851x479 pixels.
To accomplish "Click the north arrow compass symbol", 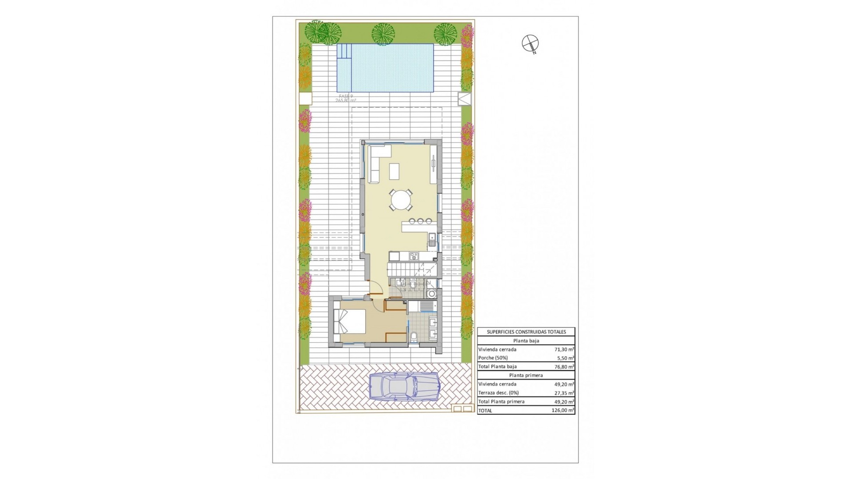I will [x=530, y=43].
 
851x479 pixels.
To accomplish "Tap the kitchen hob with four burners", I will [x=414, y=256].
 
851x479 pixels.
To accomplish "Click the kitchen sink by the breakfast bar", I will [x=431, y=240].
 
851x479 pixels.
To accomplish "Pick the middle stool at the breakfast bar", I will [x=420, y=221].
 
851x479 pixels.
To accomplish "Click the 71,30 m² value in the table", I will [x=564, y=349].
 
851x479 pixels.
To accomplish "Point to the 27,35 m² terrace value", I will [x=564, y=393].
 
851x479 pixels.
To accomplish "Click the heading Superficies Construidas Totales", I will [x=526, y=332].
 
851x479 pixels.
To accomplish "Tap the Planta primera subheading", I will [x=526, y=375].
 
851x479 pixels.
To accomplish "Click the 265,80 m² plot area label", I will [x=346, y=101].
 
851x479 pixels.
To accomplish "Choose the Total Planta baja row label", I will [x=497, y=367].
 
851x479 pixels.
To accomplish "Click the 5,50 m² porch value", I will [x=565, y=358].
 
